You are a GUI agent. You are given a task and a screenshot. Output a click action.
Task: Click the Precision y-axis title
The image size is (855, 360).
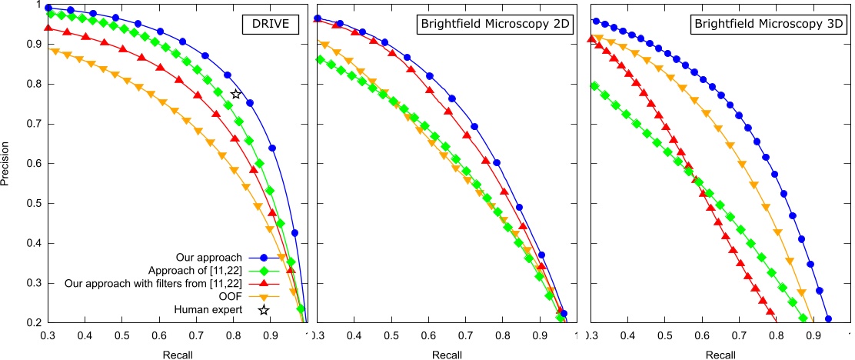click(7, 163)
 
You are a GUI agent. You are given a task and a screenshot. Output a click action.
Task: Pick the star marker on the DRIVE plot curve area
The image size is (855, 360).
click(237, 94)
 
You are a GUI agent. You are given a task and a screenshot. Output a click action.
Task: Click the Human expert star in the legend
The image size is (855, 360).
click(264, 309)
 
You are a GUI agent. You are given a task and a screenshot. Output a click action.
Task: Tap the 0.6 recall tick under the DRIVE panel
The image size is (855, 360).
click(159, 337)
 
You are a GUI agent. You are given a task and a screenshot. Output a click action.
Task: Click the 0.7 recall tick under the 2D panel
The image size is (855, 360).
click(466, 337)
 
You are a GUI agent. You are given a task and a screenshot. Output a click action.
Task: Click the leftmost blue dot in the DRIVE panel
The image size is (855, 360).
click(48, 8)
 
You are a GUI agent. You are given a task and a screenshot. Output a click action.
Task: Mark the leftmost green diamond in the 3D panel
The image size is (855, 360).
click(594, 85)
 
